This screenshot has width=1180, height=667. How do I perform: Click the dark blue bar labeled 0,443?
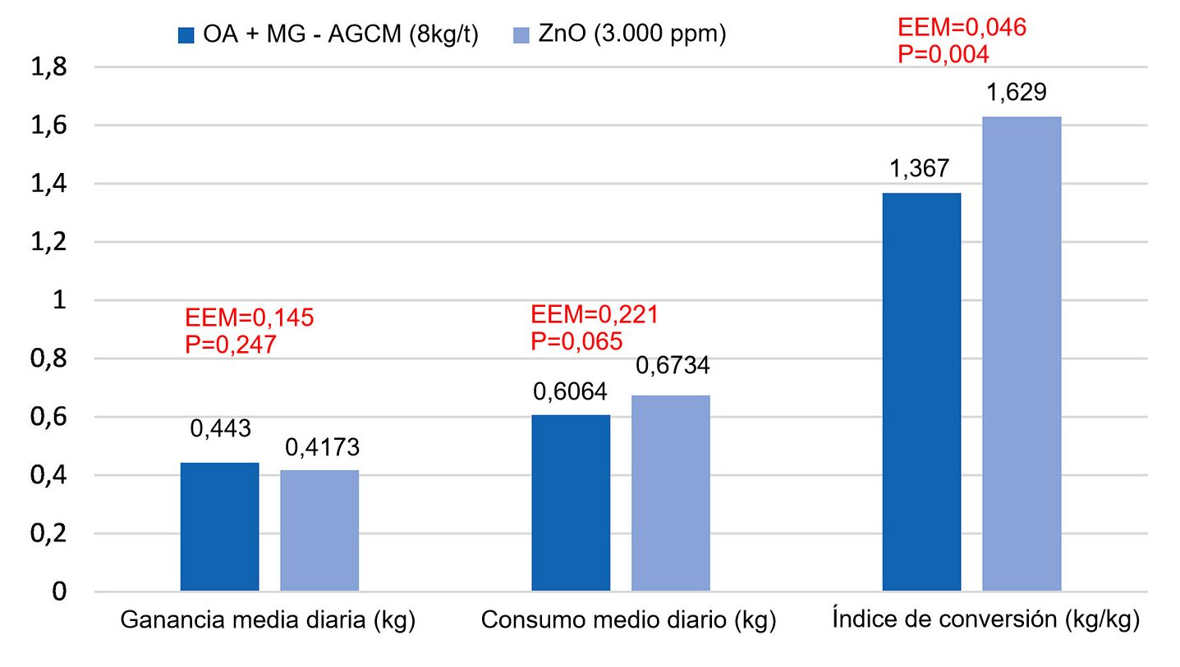click(219, 526)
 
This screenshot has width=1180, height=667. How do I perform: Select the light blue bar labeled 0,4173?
click(319, 530)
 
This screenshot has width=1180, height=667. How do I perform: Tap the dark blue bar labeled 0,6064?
click(571, 502)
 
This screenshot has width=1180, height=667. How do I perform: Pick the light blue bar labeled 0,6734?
click(670, 492)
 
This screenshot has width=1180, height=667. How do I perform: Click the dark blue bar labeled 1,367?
click(921, 391)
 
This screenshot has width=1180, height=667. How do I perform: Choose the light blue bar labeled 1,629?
click(1022, 354)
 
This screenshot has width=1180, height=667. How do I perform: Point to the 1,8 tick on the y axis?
click(49, 67)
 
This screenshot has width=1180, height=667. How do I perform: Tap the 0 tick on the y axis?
click(59, 592)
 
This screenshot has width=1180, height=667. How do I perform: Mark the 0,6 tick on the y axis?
click(49, 417)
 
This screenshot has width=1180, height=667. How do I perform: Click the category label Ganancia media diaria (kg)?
click(268, 620)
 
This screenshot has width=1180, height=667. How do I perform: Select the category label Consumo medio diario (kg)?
click(628, 620)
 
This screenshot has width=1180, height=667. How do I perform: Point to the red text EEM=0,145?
click(250, 318)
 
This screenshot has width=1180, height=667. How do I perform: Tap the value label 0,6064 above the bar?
click(570, 391)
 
